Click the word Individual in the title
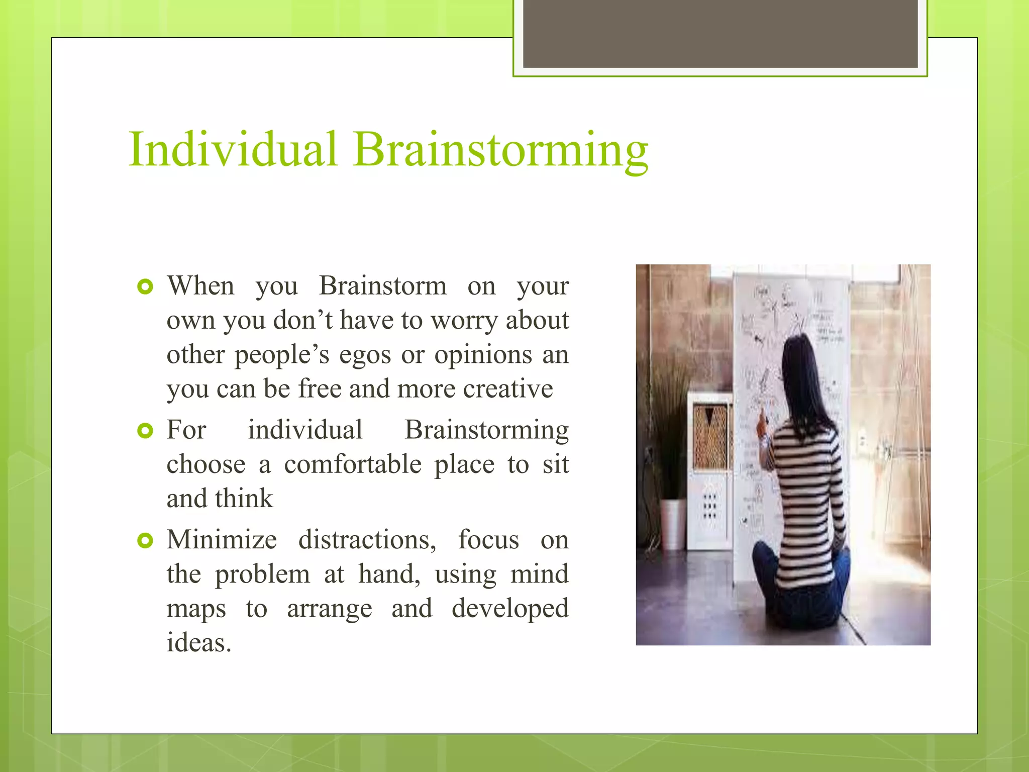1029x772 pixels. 233,149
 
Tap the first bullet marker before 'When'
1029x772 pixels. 145,287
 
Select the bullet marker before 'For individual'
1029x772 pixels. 145,431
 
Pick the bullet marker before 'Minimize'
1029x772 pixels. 145,541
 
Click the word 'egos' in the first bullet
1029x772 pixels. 365,355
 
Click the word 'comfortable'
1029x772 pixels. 353,464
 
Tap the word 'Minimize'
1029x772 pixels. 222,540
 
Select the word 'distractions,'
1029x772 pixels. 367,540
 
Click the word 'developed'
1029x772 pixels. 509,609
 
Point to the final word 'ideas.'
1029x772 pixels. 199,643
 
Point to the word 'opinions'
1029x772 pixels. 483,355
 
